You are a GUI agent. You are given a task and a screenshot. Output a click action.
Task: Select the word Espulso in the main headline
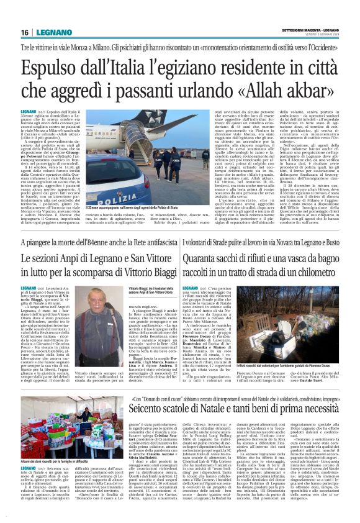click(x=52, y=70)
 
